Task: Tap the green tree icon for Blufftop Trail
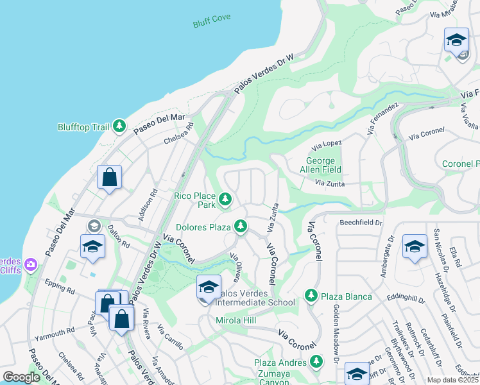click(119, 126)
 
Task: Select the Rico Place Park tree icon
click(225, 200)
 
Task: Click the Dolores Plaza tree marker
click(241, 226)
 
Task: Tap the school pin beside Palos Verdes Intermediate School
click(209, 288)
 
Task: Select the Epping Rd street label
click(60, 287)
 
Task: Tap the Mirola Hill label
click(236, 320)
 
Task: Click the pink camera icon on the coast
click(31, 264)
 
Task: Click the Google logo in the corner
click(22, 377)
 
